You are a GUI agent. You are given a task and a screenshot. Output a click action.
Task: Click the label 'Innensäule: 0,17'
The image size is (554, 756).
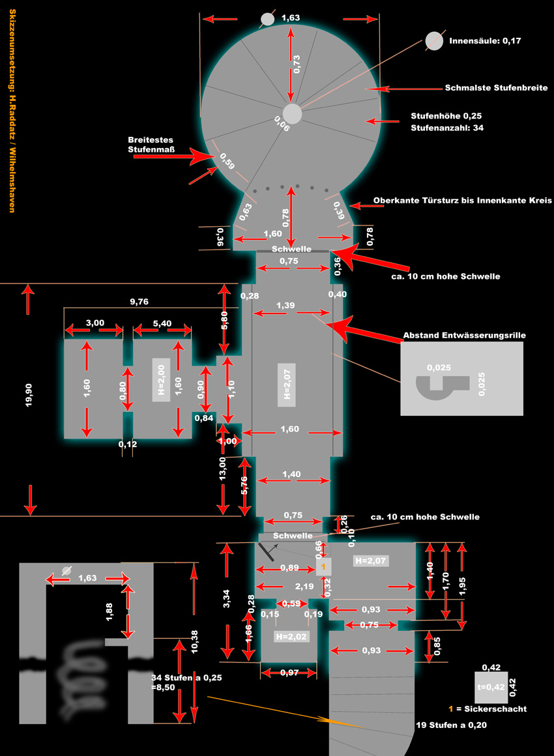(485, 40)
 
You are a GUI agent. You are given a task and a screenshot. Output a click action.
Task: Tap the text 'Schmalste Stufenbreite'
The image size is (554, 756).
(496, 87)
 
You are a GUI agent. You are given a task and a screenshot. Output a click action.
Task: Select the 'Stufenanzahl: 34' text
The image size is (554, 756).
(446, 128)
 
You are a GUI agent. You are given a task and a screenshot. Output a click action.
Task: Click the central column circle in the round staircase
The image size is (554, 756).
(292, 113)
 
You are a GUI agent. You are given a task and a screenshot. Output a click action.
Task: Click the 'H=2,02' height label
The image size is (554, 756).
(291, 636)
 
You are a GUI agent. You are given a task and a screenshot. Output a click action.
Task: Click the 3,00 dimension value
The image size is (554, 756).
(95, 323)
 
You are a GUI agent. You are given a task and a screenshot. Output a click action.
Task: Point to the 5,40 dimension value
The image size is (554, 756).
(162, 323)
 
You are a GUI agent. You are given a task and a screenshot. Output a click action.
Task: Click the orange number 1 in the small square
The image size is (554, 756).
(323, 568)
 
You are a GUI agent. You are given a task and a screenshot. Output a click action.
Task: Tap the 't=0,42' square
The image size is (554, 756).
(490, 686)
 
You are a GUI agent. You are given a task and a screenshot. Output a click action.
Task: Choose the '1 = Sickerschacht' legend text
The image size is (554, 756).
(486, 709)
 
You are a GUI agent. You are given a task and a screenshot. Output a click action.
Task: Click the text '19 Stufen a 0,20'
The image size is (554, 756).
(451, 725)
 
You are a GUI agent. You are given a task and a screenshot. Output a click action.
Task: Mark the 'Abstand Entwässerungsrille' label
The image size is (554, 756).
(464, 335)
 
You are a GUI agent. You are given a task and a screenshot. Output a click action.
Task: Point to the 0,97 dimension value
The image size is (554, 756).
(289, 673)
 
